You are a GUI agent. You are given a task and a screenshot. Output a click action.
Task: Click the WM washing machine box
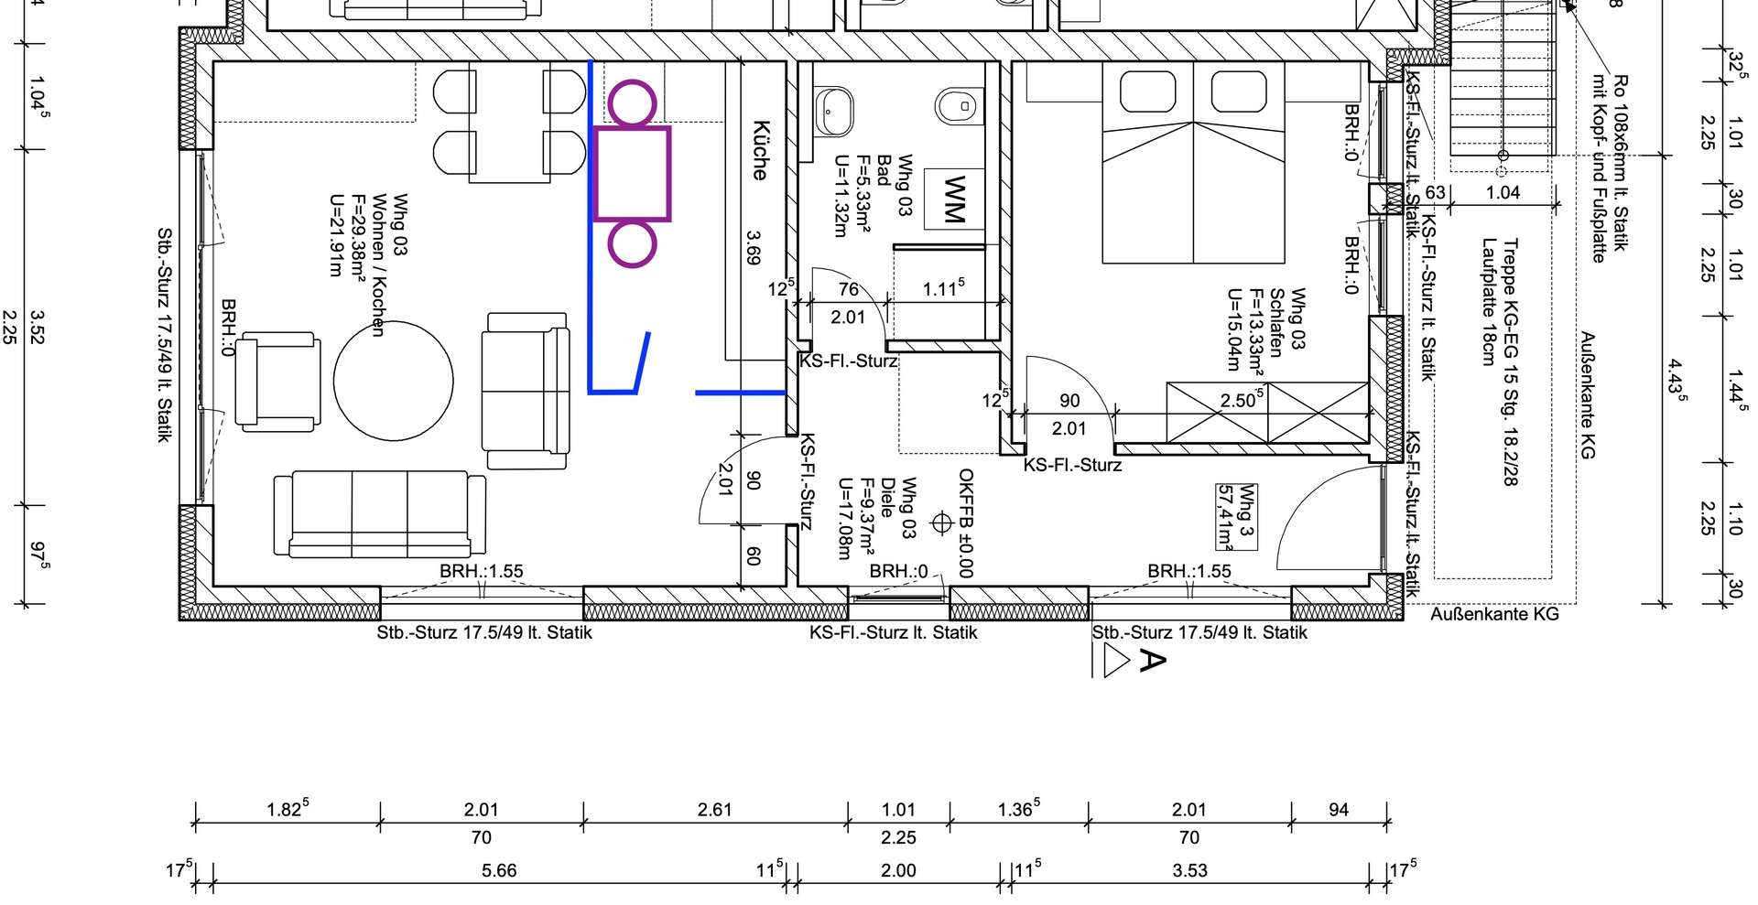click(x=954, y=199)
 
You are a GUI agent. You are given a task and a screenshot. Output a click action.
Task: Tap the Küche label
click(x=761, y=150)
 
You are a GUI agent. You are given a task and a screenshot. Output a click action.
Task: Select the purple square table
click(x=632, y=174)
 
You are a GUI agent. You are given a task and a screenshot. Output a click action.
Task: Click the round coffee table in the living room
click(x=394, y=382)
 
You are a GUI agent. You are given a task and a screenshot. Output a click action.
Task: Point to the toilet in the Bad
click(x=958, y=106)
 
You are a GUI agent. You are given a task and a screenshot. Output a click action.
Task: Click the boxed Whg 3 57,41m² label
click(x=1236, y=517)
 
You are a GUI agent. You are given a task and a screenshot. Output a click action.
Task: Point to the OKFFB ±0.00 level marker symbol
click(x=941, y=523)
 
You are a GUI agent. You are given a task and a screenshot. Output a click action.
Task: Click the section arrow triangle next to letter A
click(x=1117, y=660)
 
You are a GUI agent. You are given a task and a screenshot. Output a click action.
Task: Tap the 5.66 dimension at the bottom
click(x=499, y=870)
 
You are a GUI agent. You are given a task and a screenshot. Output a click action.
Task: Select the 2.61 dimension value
click(x=714, y=809)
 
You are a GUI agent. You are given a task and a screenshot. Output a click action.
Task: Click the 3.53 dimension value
click(x=1189, y=870)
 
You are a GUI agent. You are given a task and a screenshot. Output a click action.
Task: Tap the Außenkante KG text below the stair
click(x=1494, y=614)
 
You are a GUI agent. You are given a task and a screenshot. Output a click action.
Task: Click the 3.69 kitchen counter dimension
click(x=754, y=247)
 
